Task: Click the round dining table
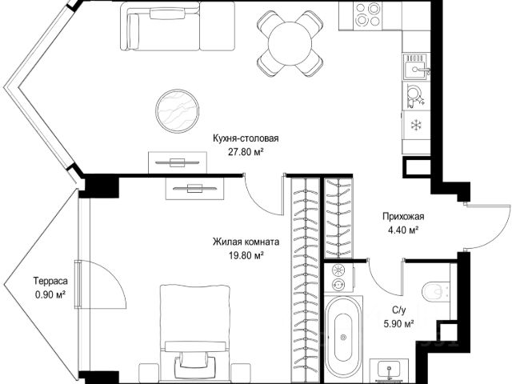click(290, 43)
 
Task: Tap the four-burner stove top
click(368, 14)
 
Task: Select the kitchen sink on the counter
click(417, 66)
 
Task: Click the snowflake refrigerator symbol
click(416, 125)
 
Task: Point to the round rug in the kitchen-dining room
click(178, 110)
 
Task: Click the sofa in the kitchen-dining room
click(178, 26)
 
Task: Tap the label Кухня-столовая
click(246, 138)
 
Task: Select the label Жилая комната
click(246, 242)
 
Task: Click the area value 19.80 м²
click(246, 255)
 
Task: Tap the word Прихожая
click(403, 217)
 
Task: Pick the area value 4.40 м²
click(403, 230)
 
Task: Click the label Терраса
click(50, 281)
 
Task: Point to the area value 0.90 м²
click(50, 294)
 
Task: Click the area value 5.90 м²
click(398, 323)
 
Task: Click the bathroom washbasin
click(389, 370)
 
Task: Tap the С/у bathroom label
click(399, 310)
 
